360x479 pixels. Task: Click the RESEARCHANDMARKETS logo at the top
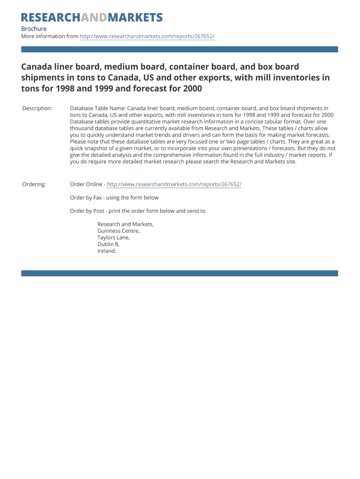click(92, 18)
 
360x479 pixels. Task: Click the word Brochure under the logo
click(34, 29)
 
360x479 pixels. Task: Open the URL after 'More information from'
click(147, 36)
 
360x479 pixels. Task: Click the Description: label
click(37, 109)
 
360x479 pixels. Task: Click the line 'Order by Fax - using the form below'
click(114, 197)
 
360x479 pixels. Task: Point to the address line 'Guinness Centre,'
click(118, 231)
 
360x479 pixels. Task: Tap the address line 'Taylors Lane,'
click(114, 238)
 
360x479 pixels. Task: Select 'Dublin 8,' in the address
click(108, 244)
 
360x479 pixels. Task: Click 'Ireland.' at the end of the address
click(107, 251)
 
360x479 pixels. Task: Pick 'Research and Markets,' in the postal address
click(125, 224)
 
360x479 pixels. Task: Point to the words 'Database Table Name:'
click(97, 109)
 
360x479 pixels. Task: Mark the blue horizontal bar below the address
click(180, 273)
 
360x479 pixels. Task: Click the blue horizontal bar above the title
click(180, 49)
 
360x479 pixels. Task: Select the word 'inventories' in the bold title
click(291, 78)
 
